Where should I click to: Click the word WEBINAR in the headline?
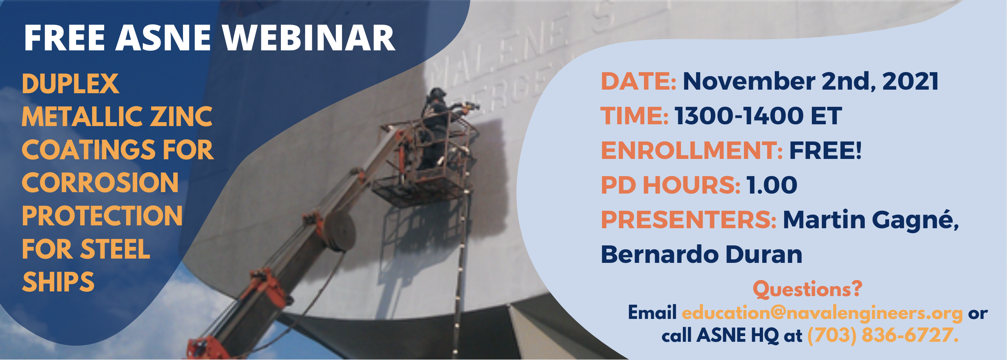coord(309,38)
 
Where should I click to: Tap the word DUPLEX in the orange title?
coord(70,84)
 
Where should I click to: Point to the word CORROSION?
coord(100,183)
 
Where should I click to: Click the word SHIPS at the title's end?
coord(58,282)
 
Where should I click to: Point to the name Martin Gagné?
coord(871,220)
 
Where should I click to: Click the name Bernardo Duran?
coord(701,254)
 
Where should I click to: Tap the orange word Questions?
coord(808,289)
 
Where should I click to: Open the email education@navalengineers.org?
coord(822,313)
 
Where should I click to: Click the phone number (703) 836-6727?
coord(883,335)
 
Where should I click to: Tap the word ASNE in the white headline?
coord(163,38)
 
